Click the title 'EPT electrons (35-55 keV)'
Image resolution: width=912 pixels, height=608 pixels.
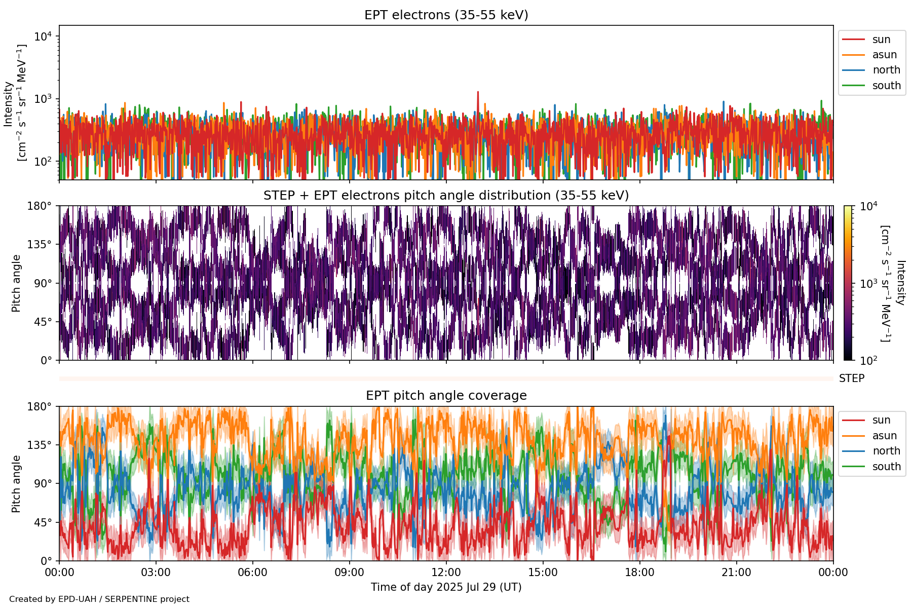pyautogui.click(x=446, y=15)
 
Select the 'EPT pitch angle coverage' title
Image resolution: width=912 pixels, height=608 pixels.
pyautogui.click(x=446, y=396)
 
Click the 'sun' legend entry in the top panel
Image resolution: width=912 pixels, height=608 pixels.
pyautogui.click(x=881, y=40)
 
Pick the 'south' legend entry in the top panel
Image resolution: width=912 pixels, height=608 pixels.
pyautogui.click(x=886, y=86)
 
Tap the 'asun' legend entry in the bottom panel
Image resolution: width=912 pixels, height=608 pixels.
pyautogui.click(x=884, y=436)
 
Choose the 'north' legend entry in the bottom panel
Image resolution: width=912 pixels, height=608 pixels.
pyautogui.click(x=886, y=451)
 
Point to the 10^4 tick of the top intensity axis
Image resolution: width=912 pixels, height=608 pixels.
pyautogui.click(x=43, y=36)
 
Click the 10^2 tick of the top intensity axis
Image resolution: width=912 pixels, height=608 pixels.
pyautogui.click(x=43, y=162)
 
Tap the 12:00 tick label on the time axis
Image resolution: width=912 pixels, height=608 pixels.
pyautogui.click(x=446, y=573)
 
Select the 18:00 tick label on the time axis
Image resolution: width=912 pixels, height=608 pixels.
pyautogui.click(x=639, y=573)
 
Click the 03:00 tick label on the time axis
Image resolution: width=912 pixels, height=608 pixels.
pyautogui.click(x=156, y=573)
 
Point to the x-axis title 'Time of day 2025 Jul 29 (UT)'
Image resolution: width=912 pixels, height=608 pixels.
pyautogui.click(x=446, y=587)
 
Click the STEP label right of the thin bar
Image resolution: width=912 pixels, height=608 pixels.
pyautogui.click(x=851, y=378)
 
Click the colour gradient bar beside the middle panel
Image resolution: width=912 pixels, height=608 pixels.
pyautogui.click(x=848, y=283)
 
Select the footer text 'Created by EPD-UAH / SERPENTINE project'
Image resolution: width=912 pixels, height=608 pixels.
pyautogui.click(x=99, y=599)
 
